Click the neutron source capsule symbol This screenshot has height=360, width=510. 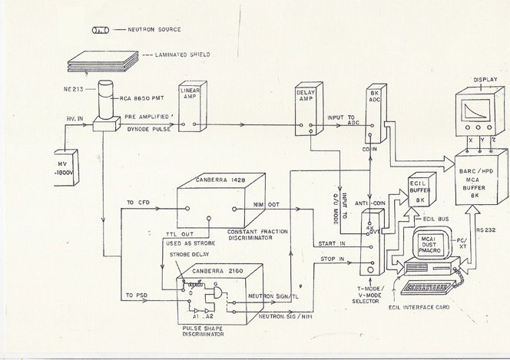[100, 31]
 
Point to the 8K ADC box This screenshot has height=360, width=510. [376, 115]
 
